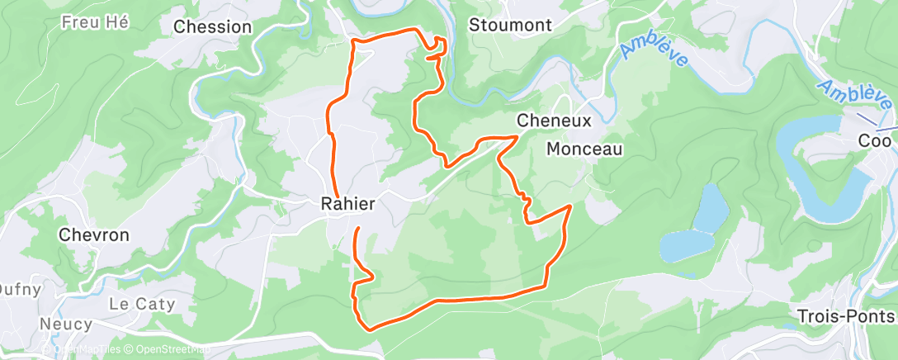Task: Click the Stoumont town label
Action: click(x=510, y=25)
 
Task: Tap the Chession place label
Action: click(x=212, y=26)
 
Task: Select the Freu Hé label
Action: click(x=95, y=22)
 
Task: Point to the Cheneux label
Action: click(x=554, y=121)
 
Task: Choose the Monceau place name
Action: click(x=584, y=149)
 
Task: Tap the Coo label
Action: click(x=874, y=141)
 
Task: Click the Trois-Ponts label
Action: click(x=846, y=316)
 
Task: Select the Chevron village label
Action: click(x=94, y=235)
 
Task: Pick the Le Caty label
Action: click(x=142, y=304)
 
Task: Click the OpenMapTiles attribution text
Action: click(x=86, y=350)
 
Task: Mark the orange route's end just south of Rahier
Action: click(x=358, y=227)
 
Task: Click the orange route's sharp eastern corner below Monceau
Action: click(x=570, y=206)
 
